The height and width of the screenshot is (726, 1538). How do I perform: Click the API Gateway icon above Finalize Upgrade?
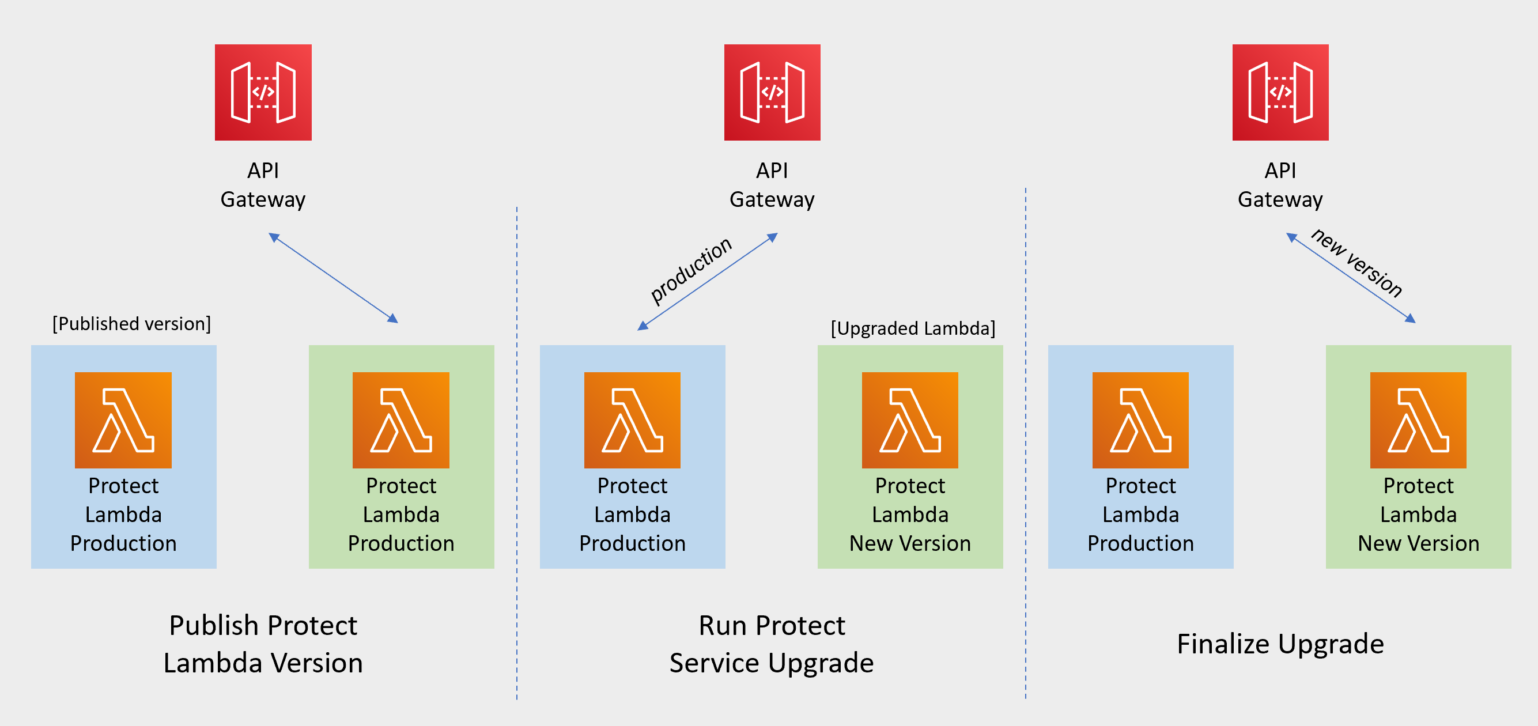1280,93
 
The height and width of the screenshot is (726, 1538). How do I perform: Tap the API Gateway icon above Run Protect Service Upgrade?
772,93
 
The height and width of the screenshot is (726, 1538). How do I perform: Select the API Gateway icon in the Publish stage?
263,93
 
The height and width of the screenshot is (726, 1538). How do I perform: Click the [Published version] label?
131,324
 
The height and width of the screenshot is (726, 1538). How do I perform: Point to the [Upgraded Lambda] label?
913,328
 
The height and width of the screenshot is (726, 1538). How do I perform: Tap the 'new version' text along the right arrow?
1356,263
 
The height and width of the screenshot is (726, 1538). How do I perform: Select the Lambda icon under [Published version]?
123,420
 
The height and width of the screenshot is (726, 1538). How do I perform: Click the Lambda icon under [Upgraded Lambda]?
910,420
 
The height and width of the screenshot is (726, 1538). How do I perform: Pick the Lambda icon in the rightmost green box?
1418,420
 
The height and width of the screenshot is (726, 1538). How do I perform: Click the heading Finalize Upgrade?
1280,644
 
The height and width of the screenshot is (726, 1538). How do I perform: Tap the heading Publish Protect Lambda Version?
263,644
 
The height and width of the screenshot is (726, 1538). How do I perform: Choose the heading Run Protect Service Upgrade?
772,644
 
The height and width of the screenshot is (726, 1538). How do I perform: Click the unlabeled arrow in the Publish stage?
333,278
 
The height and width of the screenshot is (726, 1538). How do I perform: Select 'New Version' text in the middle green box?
910,543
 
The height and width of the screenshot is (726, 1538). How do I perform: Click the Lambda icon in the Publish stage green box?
400,420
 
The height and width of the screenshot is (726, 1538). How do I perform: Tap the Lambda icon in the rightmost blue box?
1140,420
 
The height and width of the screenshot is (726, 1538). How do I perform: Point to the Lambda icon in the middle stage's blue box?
632,420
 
